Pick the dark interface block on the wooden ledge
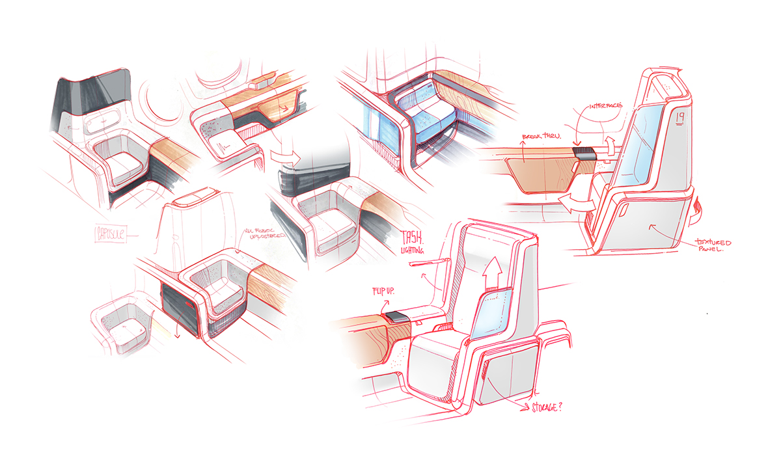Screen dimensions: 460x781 584,154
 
